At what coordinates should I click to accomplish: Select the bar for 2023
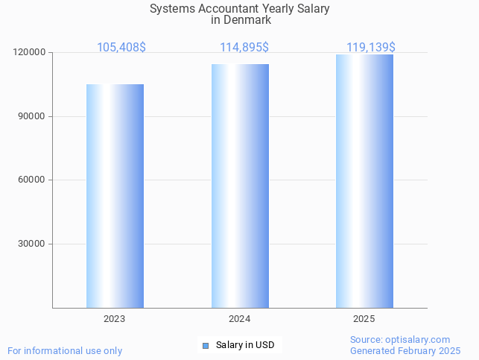coord(115,196)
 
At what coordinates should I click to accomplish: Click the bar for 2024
coord(240,186)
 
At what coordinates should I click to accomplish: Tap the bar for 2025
coord(364,181)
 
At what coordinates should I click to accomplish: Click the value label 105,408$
coord(121,48)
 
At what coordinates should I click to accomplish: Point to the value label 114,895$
coord(244,48)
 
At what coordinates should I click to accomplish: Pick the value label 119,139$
coord(371,48)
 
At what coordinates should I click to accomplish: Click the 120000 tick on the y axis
coord(30,53)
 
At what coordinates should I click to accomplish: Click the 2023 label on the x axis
coord(115,319)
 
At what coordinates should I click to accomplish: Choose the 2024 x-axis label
coord(239,319)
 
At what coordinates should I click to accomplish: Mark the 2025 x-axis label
coord(364,319)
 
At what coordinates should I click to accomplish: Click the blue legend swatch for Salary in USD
coord(206,345)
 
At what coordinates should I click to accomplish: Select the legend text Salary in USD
coord(245,345)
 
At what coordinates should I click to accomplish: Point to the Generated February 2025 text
coord(405,350)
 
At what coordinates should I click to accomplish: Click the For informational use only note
coord(65,350)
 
